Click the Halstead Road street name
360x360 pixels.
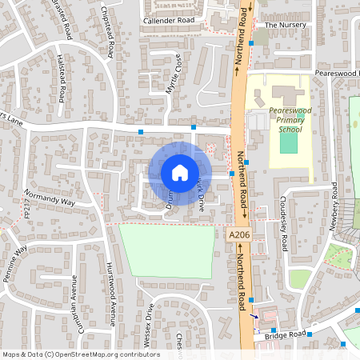(62, 78)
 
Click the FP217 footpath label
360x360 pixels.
(26, 209)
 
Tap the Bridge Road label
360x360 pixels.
(286, 336)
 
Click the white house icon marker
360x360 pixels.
(180, 173)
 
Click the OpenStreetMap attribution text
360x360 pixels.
(80, 354)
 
